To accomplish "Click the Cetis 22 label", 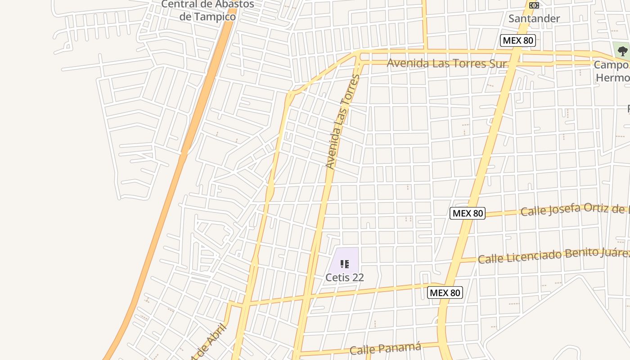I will (x=344, y=277).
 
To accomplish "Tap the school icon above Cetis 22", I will (x=345, y=264).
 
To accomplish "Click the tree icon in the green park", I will (x=622, y=51).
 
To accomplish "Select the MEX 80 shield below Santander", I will (x=517, y=40).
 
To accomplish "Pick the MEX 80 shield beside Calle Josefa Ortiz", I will (x=468, y=213).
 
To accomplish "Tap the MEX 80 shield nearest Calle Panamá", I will (x=445, y=292).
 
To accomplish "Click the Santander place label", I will (x=534, y=18).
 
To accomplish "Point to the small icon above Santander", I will (x=534, y=5).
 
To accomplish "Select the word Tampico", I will (x=214, y=17).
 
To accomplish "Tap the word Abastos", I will (x=229, y=4).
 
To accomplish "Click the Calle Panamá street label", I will (x=386, y=348).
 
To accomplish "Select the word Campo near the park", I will (x=611, y=65).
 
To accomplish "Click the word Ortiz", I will (x=603, y=207).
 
